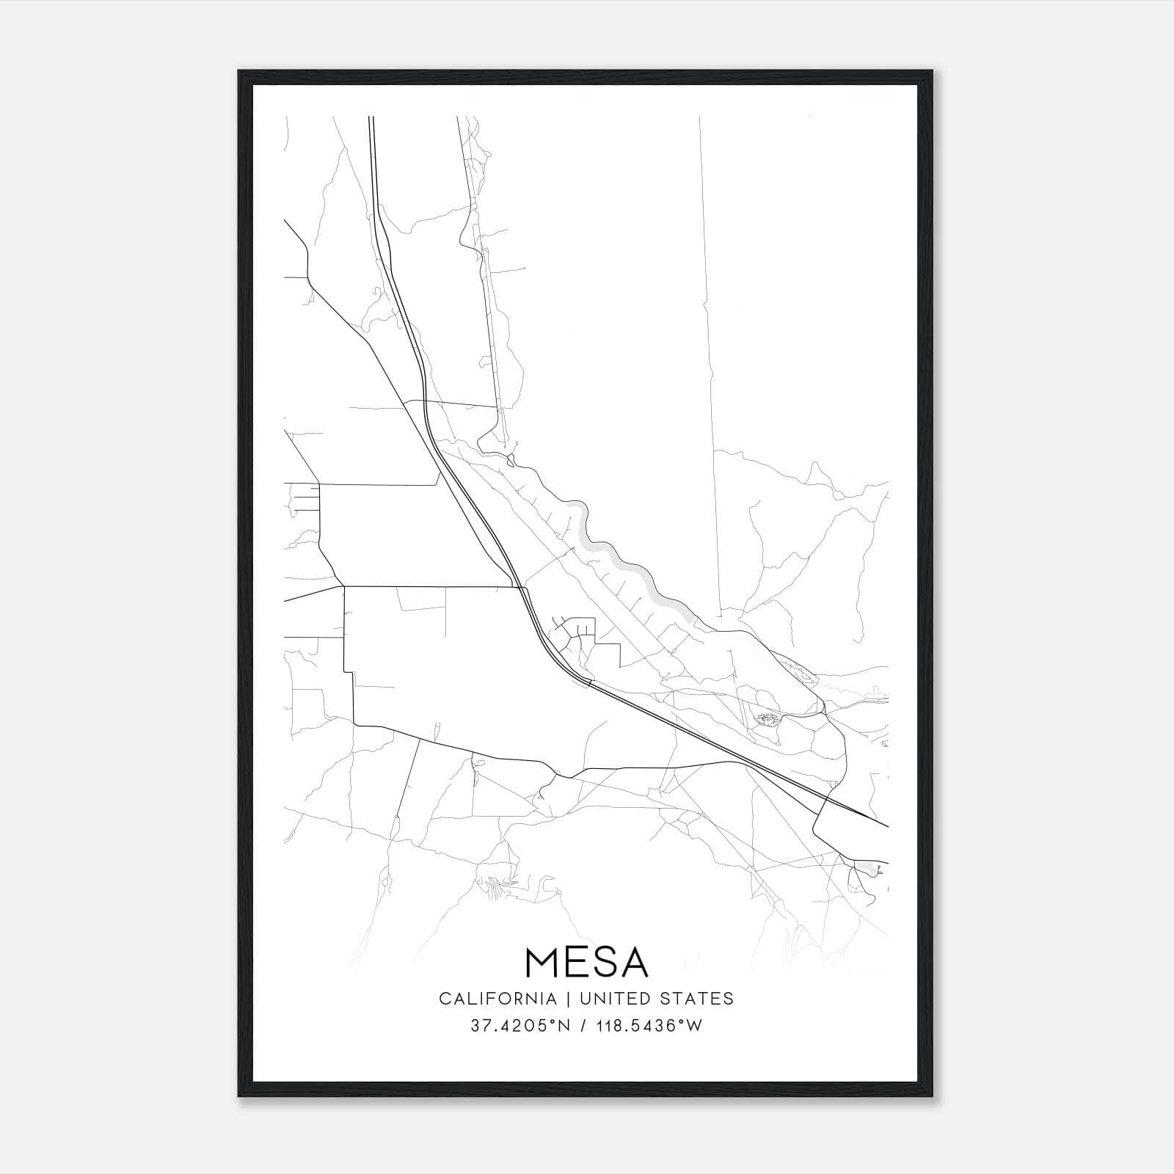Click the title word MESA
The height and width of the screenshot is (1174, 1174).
pos(586,962)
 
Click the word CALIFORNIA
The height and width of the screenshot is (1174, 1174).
pos(497,998)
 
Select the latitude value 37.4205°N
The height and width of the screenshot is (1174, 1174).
pos(520,1026)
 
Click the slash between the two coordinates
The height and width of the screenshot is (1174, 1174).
pos(583,1026)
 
